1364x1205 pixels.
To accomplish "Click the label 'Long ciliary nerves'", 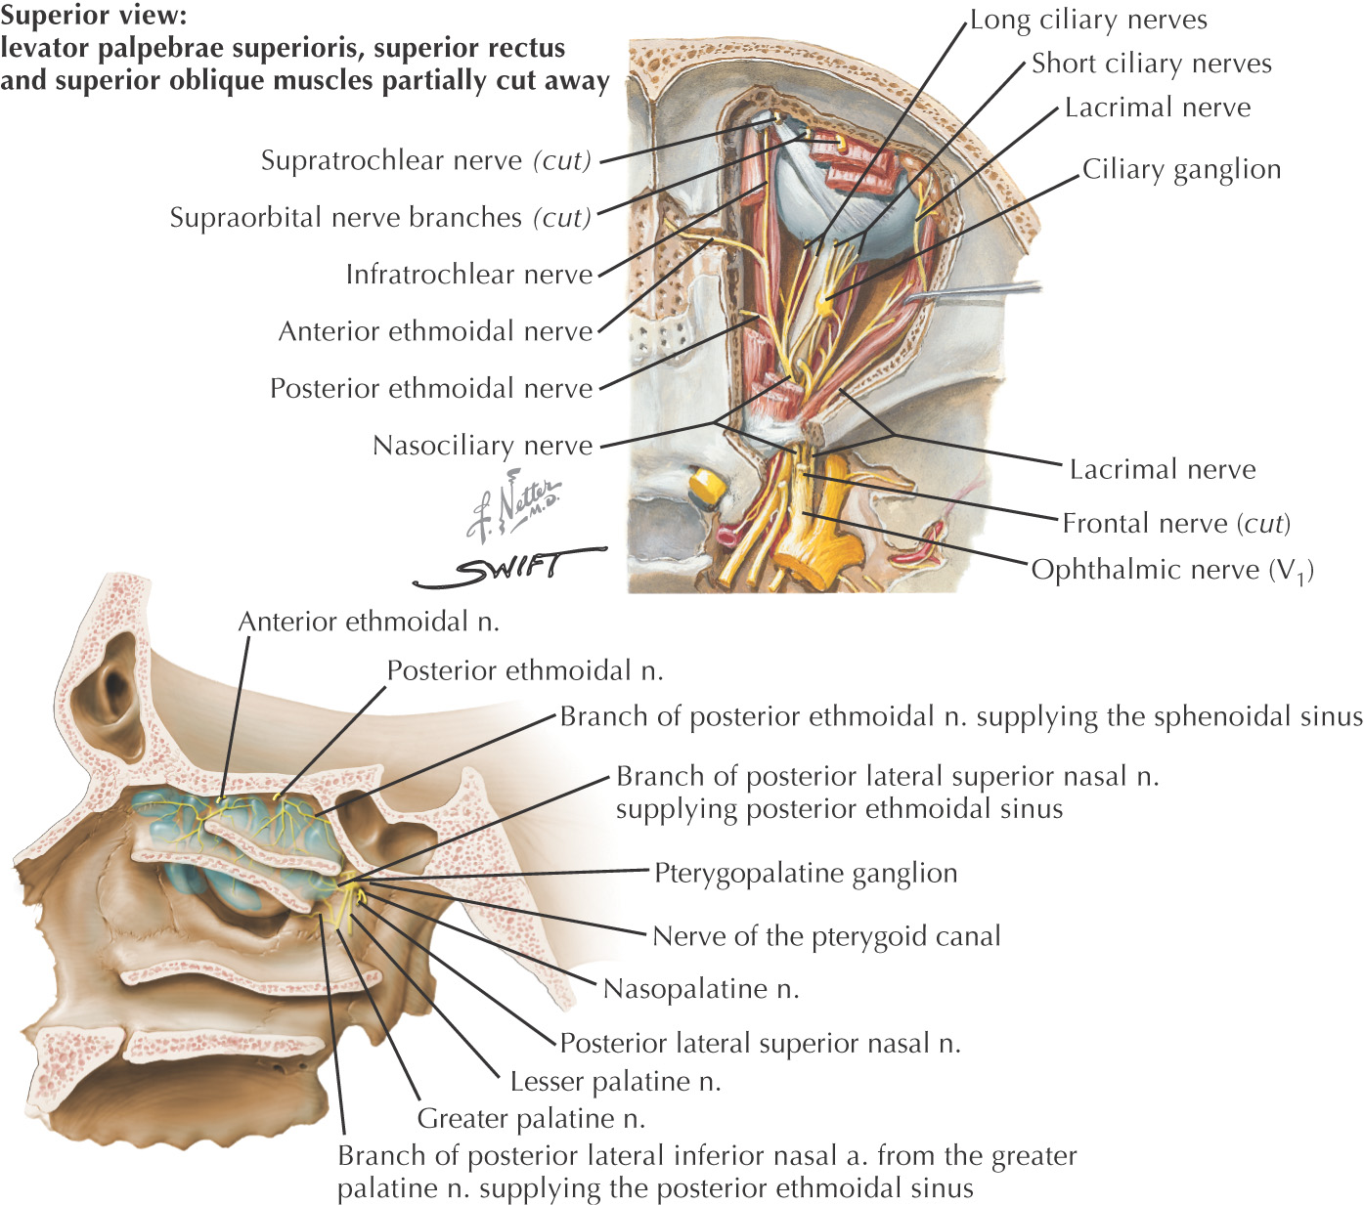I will [x=1087, y=21].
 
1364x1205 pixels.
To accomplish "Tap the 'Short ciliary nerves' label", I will [x=1151, y=65].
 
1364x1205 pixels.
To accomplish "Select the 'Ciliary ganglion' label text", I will [x=1181, y=170].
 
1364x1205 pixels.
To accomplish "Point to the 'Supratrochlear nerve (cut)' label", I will [x=425, y=160].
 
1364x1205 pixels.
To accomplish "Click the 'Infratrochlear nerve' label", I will [x=469, y=275].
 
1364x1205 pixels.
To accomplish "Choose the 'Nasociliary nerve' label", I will [x=483, y=446].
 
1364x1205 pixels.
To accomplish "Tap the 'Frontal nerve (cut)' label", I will [x=1175, y=524].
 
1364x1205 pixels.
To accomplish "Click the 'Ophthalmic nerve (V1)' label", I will [x=1171, y=570].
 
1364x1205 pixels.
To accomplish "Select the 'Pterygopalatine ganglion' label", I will [x=806, y=873].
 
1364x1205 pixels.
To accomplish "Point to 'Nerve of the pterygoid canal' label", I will [x=826, y=936].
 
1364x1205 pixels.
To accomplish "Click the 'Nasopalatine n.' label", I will [x=701, y=989].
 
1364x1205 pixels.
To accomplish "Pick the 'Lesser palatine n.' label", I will [x=615, y=1082].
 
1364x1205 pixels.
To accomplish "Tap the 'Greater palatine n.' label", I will [x=531, y=1119].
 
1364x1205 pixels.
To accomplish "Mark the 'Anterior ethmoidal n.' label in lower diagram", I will [x=369, y=623].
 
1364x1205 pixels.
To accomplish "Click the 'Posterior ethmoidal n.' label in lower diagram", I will [x=525, y=671].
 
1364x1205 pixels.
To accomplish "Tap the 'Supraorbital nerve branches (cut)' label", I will [x=380, y=217].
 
